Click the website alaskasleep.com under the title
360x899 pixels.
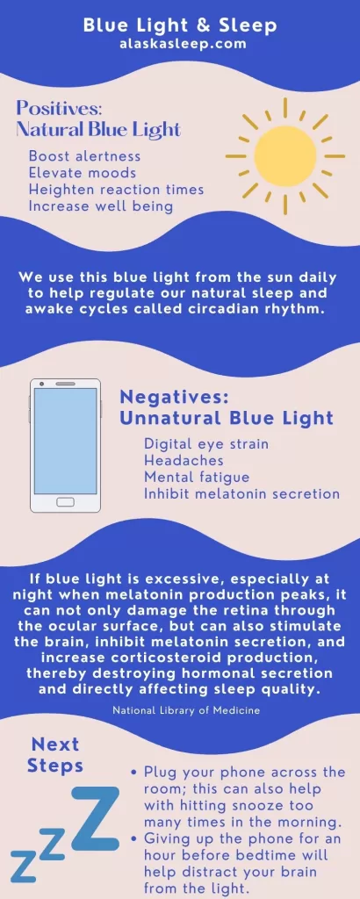point(180,43)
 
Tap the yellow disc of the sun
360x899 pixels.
point(284,156)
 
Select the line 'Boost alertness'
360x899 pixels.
point(84,156)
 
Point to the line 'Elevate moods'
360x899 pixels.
point(83,173)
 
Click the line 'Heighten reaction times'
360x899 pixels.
point(117,190)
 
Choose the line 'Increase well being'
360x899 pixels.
point(101,205)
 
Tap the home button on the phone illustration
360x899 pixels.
point(65,502)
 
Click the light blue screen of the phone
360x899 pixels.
point(65,441)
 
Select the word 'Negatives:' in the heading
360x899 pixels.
point(174,397)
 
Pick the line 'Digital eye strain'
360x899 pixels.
point(205,444)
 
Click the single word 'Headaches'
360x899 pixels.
point(184,460)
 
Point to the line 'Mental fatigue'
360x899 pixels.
point(197,477)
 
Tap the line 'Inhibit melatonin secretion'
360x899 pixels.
point(242,493)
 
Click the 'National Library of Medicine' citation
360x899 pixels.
point(186,710)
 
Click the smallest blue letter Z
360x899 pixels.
point(22,866)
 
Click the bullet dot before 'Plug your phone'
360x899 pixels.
point(133,773)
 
